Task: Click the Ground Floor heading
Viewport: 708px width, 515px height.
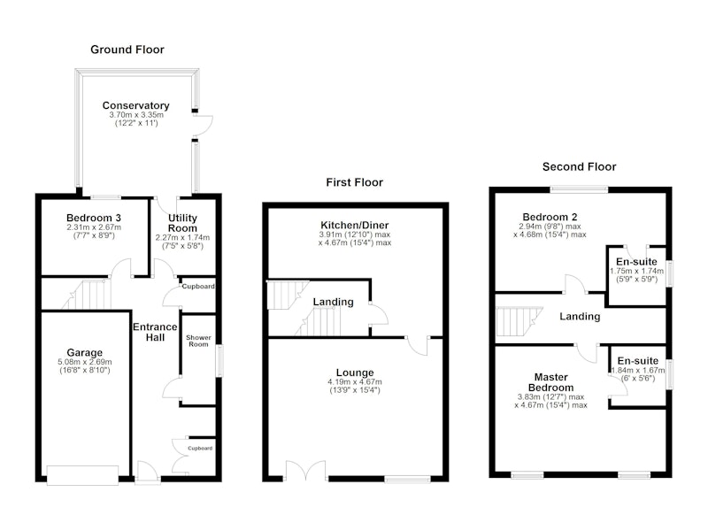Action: coord(127,50)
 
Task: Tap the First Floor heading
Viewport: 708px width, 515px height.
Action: coord(355,182)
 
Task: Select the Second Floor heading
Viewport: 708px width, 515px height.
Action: coord(580,167)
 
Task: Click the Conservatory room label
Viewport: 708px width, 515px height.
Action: coord(136,105)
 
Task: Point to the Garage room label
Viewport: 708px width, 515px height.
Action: coord(84,352)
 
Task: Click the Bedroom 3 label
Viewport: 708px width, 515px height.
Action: coord(94,218)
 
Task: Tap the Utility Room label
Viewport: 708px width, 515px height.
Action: coord(182,223)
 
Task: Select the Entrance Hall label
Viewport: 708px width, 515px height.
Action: coord(155,332)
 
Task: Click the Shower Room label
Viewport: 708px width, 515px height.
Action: coord(198,341)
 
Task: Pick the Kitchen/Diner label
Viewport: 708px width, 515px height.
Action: coord(355,226)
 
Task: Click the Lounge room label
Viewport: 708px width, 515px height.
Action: coord(355,373)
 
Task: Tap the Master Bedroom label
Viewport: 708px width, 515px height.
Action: coord(550,382)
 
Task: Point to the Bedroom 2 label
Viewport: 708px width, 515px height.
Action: coord(550,217)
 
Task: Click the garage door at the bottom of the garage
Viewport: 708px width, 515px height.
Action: coord(82,475)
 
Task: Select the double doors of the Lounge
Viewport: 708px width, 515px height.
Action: coord(305,471)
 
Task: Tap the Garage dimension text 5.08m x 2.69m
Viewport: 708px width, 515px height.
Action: coord(85,362)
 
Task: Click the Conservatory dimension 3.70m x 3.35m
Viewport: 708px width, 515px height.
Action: coord(136,115)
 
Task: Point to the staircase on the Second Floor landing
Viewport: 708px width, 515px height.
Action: coord(519,322)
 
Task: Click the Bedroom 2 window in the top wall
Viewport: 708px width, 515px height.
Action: coord(580,189)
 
